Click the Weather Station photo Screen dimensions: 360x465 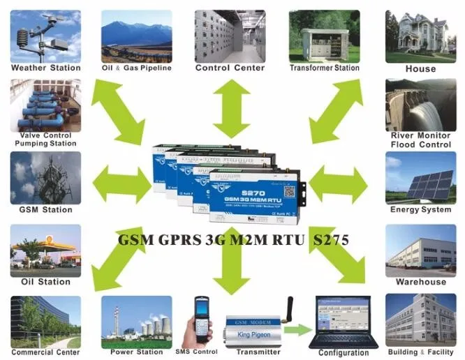point(45,36)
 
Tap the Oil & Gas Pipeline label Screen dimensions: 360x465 point(136,68)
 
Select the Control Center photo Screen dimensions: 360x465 point(229,36)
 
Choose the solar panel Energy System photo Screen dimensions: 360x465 point(420,178)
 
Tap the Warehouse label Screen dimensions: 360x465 point(420,282)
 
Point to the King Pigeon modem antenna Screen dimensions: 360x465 point(288,310)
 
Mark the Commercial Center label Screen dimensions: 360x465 point(45,353)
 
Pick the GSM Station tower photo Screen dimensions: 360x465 point(45,178)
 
